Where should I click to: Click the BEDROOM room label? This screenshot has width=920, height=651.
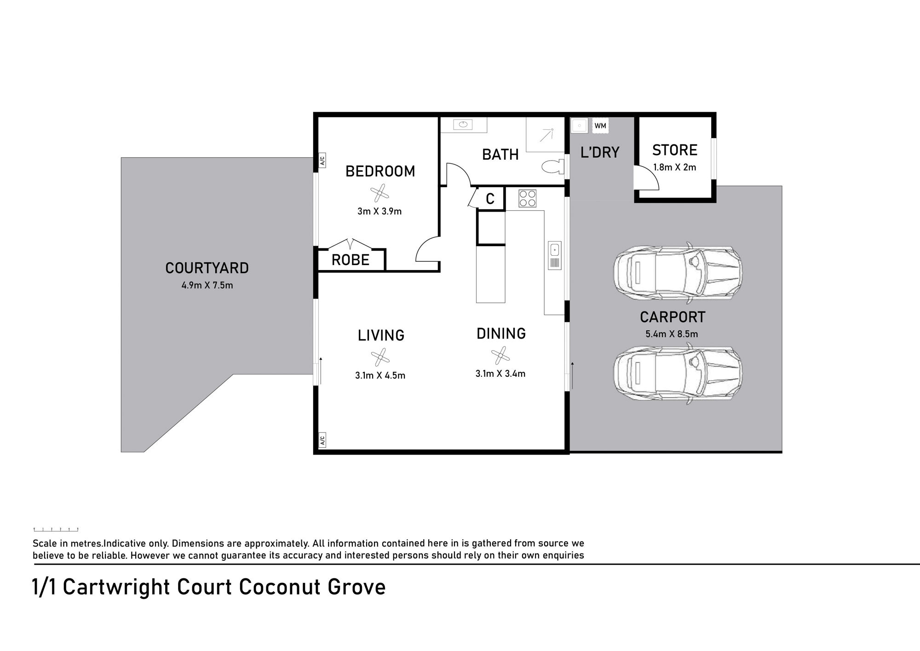(x=380, y=171)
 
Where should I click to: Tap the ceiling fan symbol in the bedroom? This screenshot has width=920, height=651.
(x=379, y=193)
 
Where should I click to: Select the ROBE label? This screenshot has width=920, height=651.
(x=351, y=260)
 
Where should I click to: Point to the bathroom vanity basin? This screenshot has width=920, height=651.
(x=463, y=124)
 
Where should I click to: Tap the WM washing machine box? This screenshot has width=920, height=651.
(x=600, y=126)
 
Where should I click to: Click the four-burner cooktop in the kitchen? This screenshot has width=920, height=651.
(x=527, y=198)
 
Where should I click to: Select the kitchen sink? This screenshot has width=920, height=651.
(x=555, y=255)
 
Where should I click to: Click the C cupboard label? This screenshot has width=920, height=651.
(x=490, y=199)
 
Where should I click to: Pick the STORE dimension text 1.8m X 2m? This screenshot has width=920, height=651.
(x=674, y=167)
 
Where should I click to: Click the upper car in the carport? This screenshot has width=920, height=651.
(x=678, y=272)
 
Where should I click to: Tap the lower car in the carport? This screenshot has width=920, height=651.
(x=678, y=374)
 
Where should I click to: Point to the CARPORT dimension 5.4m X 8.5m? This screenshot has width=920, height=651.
(x=672, y=334)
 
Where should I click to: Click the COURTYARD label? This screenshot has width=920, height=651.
(x=207, y=268)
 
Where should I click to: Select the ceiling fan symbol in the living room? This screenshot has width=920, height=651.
(x=380, y=357)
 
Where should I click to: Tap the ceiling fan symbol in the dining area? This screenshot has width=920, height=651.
(x=500, y=356)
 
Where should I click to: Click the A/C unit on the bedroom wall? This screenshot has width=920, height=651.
(x=322, y=161)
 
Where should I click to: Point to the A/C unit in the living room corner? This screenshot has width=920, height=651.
(x=322, y=440)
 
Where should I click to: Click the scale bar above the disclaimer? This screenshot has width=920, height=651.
(x=56, y=530)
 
